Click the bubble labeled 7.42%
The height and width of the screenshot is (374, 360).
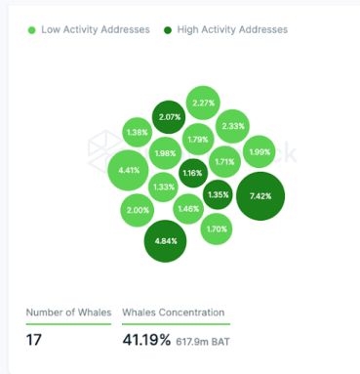click(x=260, y=196)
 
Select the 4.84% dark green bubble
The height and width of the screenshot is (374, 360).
click(x=165, y=241)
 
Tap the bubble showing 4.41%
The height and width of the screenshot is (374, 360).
click(x=129, y=170)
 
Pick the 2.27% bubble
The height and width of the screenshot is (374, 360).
click(x=203, y=103)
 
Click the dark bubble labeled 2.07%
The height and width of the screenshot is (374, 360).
click(x=169, y=117)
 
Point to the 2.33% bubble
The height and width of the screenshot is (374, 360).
click(x=232, y=126)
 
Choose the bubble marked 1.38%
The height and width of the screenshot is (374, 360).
click(x=137, y=132)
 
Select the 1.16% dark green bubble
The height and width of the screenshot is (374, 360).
click(x=193, y=173)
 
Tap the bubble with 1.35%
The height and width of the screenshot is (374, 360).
click(x=218, y=194)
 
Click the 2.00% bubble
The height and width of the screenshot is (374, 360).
click(x=138, y=210)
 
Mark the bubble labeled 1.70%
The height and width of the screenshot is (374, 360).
click(x=217, y=229)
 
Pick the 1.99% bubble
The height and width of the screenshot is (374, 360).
click(x=260, y=151)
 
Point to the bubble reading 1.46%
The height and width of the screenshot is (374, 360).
click(x=188, y=209)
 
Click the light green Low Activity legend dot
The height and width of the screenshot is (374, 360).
click(x=32, y=30)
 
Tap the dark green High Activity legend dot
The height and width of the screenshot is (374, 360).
click(x=168, y=30)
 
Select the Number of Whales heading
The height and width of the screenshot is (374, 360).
click(x=68, y=312)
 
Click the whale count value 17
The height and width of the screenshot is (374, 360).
click(x=34, y=340)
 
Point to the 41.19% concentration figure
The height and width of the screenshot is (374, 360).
click(x=146, y=340)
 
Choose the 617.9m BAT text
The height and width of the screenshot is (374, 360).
click(x=203, y=342)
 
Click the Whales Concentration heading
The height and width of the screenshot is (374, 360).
click(x=174, y=312)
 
